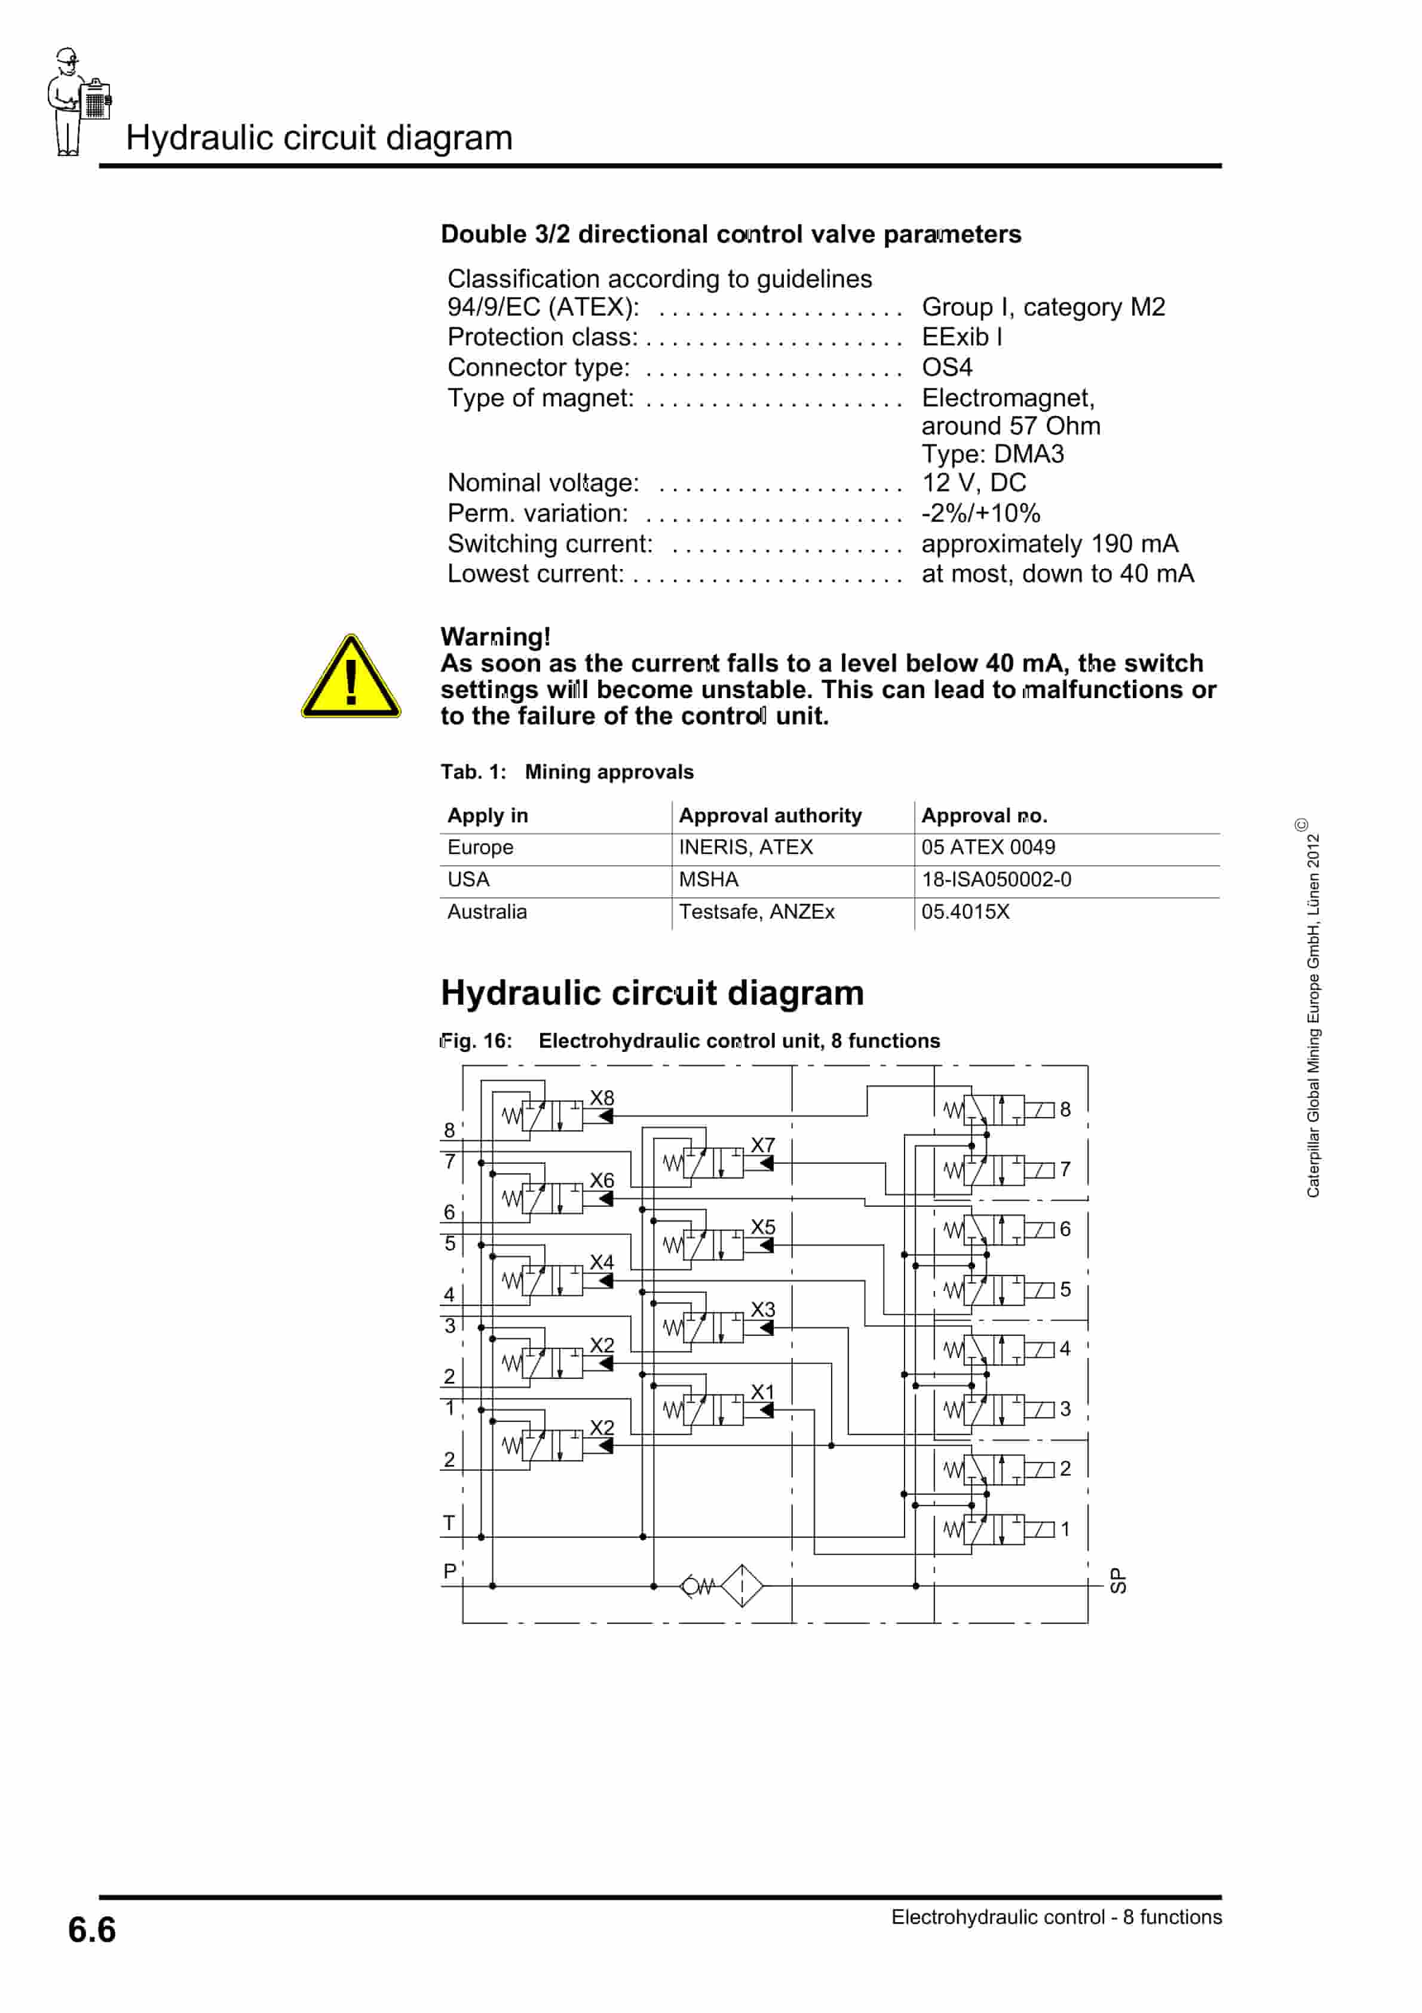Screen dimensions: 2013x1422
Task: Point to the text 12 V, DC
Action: (x=973, y=482)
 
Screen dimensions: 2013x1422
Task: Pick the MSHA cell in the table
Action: (x=709, y=879)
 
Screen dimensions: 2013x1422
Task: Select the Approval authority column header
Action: (x=770, y=815)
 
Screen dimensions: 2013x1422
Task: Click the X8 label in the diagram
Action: (x=602, y=1098)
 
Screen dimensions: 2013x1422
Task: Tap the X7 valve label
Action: (x=763, y=1145)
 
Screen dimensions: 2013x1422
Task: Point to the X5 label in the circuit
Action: (x=763, y=1226)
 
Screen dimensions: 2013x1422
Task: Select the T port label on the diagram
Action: (x=449, y=1523)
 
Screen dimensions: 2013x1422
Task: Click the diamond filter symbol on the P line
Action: (x=741, y=1585)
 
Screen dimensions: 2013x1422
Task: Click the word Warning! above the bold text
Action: (x=495, y=637)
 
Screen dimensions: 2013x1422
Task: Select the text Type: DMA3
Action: (x=992, y=454)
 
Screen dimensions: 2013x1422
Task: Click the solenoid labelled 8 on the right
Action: (x=1040, y=1110)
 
